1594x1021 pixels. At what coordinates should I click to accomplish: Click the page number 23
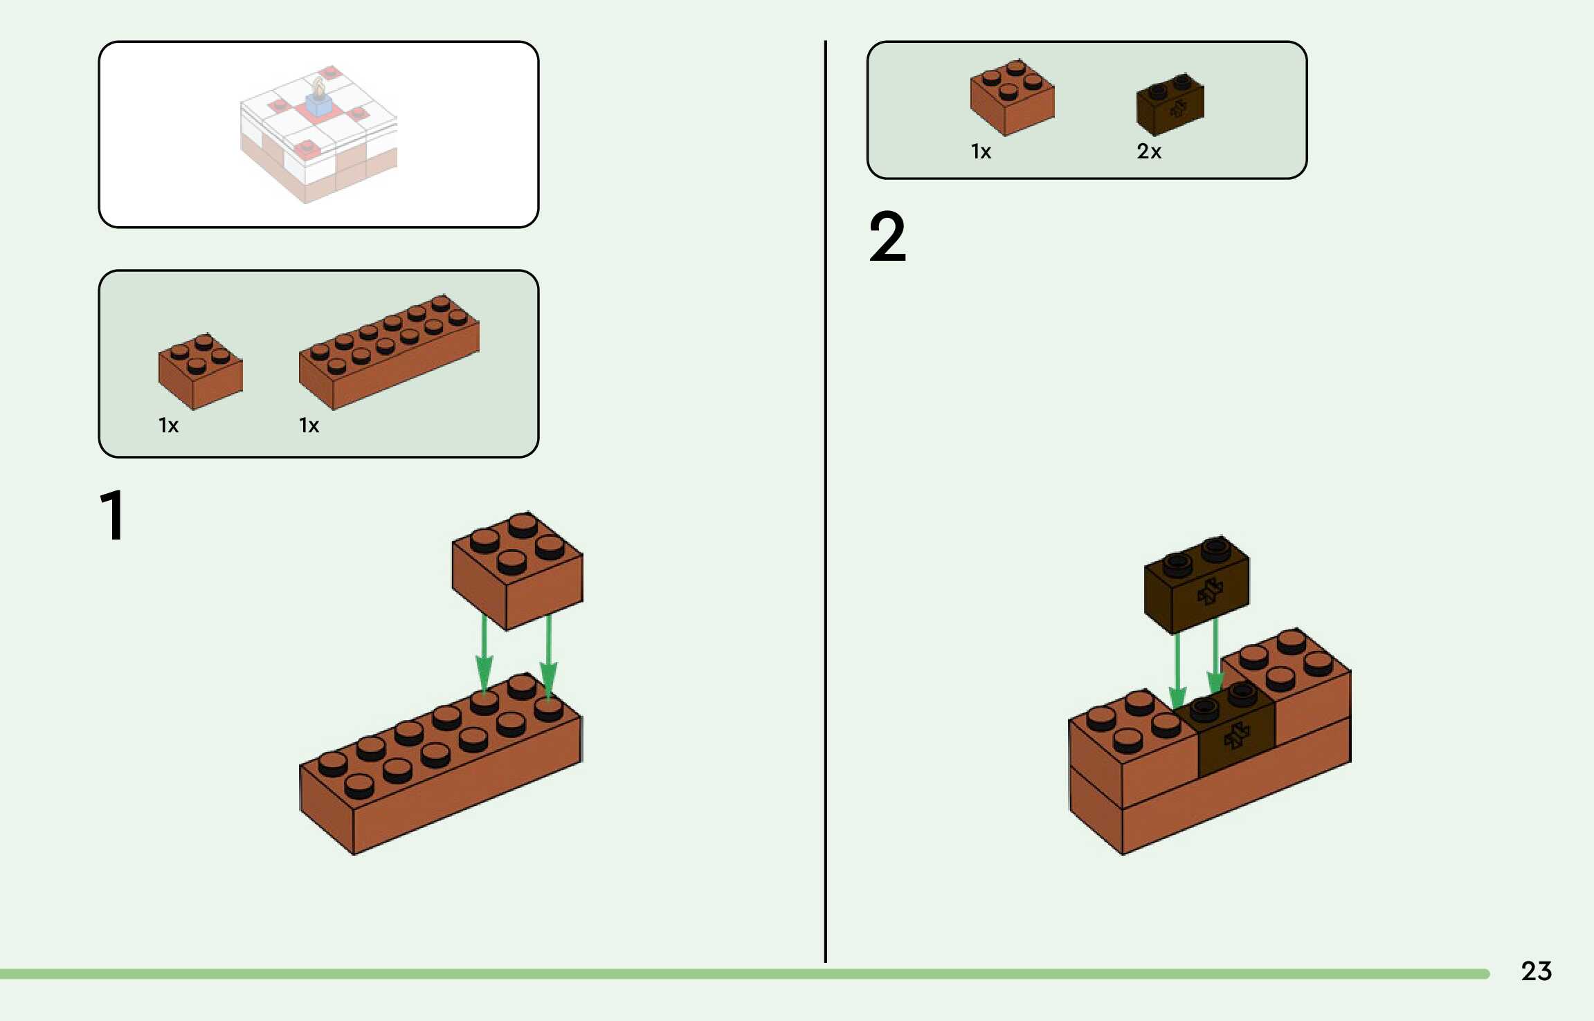point(1536,971)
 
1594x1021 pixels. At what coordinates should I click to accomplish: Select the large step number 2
point(887,237)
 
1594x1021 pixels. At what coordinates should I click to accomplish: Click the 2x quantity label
point(1148,151)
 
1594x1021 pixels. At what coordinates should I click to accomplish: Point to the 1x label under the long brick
point(309,425)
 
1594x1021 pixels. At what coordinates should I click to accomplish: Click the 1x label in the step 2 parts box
point(981,151)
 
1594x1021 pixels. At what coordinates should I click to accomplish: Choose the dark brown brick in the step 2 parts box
point(1170,104)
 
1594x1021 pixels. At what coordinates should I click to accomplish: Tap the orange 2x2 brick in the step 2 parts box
point(1012,98)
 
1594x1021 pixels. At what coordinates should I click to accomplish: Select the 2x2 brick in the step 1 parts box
point(200,371)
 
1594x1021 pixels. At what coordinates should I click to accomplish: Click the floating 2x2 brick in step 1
point(517,571)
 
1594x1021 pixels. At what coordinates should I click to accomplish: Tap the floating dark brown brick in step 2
point(1197,585)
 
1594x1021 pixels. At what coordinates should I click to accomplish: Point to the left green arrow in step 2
point(1177,671)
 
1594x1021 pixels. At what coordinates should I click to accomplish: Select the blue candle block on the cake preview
point(318,106)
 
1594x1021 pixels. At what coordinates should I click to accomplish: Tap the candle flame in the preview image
point(318,86)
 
